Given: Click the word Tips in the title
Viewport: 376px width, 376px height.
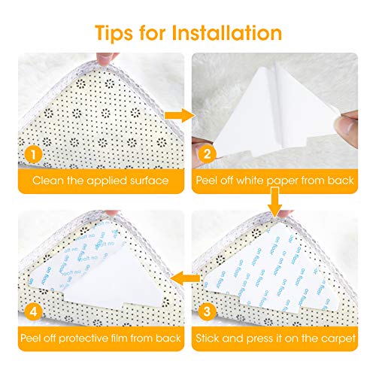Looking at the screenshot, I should pyautogui.click(x=117, y=34).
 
